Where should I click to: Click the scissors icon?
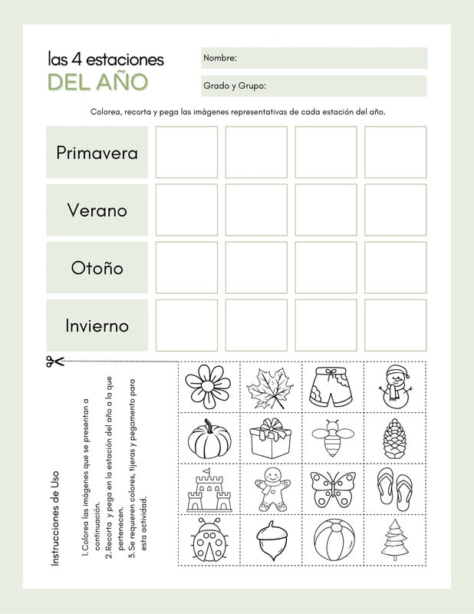click(x=54, y=361)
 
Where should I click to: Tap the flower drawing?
click(x=209, y=386)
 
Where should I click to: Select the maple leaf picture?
click(x=270, y=388)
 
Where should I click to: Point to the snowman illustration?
click(x=394, y=386)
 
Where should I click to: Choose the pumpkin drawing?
click(x=209, y=438)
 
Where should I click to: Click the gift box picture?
click(x=270, y=438)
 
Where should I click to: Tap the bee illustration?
click(x=332, y=438)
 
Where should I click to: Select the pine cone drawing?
click(x=394, y=438)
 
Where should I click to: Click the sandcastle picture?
click(x=209, y=489)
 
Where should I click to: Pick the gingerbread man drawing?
click(x=270, y=489)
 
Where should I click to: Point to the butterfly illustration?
click(x=332, y=489)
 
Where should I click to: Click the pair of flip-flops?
click(x=394, y=489)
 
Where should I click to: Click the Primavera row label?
click(x=97, y=152)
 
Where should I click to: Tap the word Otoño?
click(x=97, y=268)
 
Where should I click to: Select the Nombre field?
click(x=314, y=58)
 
